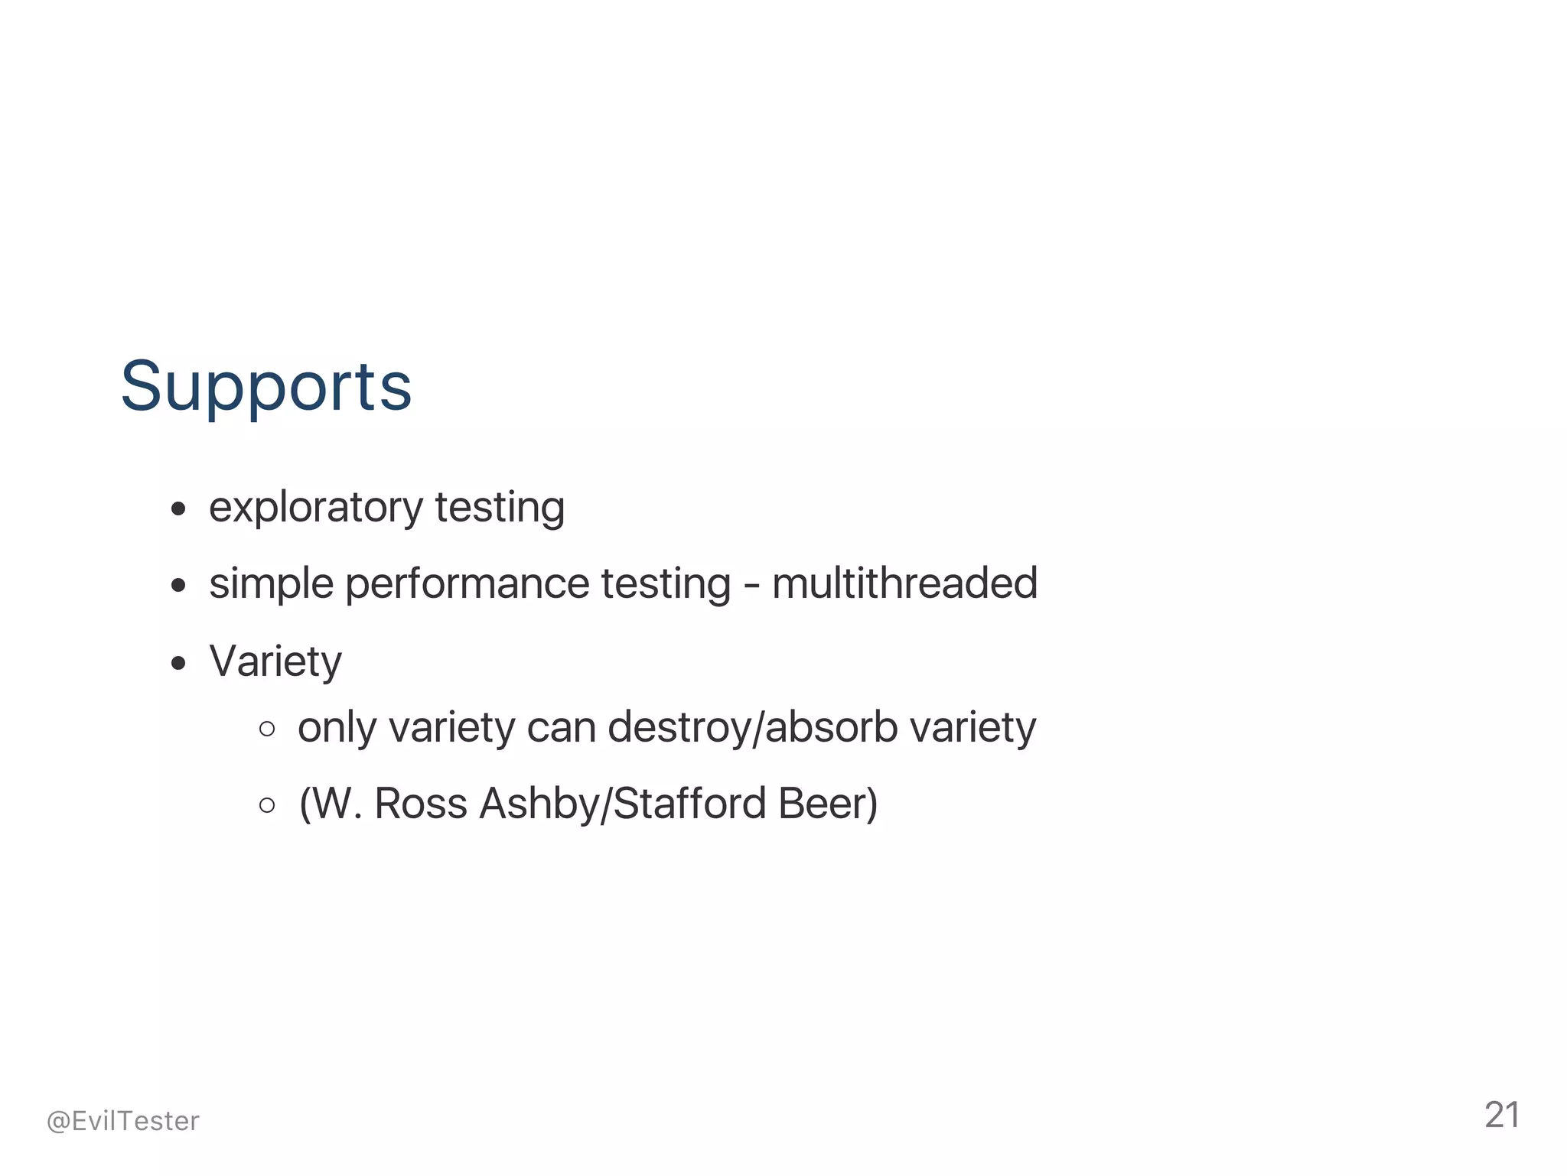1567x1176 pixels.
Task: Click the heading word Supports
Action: tap(266, 387)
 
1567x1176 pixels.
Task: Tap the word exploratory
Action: tap(315, 508)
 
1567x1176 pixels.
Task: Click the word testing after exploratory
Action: tap(500, 508)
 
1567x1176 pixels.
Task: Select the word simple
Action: tap(270, 584)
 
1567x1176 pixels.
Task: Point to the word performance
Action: tap(467, 584)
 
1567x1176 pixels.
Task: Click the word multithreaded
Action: tap(904, 584)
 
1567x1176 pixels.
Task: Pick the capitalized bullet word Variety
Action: tap(275, 661)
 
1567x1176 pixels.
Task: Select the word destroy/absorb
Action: tap(753, 728)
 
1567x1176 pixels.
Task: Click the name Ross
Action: tap(420, 804)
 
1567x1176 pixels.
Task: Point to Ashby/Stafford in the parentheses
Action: tap(623, 804)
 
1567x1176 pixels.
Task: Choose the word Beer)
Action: tap(828, 804)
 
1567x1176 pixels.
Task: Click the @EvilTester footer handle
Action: tap(123, 1121)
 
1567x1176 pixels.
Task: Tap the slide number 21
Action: tap(1502, 1116)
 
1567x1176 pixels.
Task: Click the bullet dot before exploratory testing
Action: tap(179, 509)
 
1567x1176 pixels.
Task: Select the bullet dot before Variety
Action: tap(179, 663)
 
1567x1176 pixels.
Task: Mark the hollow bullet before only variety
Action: tap(267, 729)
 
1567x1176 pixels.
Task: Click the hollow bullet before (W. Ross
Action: tap(267, 805)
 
